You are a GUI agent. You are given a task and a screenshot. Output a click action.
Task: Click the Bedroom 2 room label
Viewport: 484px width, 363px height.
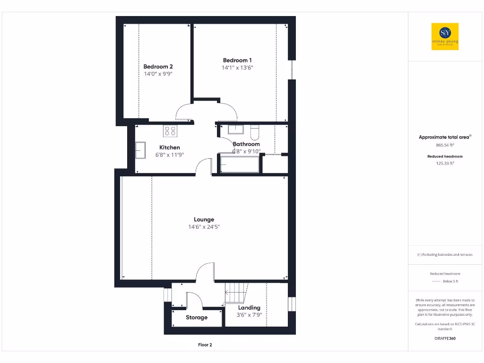(x=158, y=67)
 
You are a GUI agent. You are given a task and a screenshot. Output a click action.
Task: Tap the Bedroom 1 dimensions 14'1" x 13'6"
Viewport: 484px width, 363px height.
(x=237, y=68)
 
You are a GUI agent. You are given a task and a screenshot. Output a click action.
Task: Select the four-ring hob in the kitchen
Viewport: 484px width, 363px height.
(x=170, y=130)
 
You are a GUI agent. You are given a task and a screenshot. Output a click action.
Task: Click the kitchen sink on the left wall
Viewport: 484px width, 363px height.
(x=140, y=150)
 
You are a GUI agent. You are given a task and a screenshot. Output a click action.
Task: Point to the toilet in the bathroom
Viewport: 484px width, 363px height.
(x=255, y=130)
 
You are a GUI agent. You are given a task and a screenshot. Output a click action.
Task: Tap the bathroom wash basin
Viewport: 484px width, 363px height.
(x=235, y=129)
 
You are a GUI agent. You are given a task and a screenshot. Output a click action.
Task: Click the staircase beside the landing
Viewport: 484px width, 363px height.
(x=236, y=293)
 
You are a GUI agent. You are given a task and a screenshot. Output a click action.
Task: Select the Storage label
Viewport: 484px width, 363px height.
(x=196, y=318)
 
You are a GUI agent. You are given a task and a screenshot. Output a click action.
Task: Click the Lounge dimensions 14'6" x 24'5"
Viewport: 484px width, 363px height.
(x=204, y=227)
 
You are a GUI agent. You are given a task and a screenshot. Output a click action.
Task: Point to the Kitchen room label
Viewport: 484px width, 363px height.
(x=169, y=147)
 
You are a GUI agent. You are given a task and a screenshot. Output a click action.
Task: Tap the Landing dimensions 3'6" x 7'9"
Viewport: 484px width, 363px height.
(x=249, y=315)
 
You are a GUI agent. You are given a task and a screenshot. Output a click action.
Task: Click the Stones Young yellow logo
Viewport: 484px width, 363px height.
(x=445, y=36)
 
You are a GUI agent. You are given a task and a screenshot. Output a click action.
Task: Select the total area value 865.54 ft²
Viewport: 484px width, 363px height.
(x=445, y=145)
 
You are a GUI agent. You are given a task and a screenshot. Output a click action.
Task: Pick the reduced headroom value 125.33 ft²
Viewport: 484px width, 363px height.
(x=445, y=163)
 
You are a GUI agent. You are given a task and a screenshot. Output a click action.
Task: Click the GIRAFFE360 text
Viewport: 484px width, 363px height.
(x=445, y=338)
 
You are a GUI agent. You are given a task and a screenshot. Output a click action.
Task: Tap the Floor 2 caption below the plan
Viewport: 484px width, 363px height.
(x=205, y=345)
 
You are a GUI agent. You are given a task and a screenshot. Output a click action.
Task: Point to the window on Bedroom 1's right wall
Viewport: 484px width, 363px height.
(x=293, y=69)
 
